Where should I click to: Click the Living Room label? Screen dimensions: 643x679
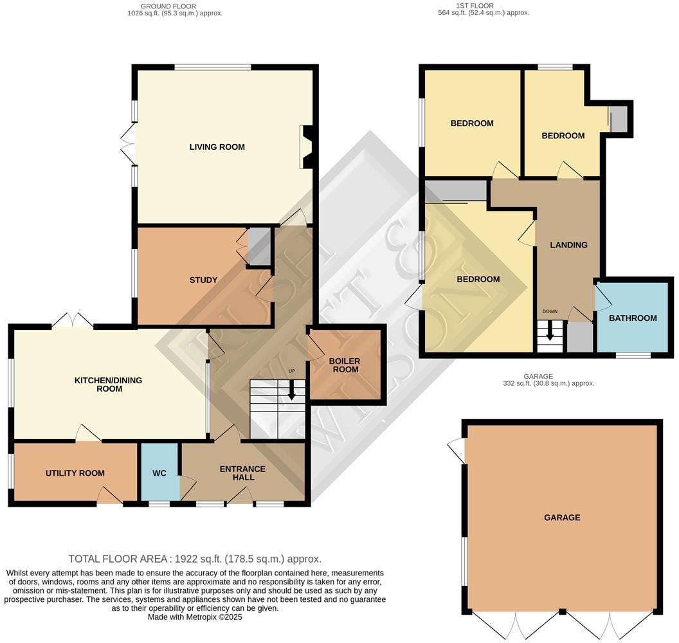[217, 147]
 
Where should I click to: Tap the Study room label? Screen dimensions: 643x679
[203, 280]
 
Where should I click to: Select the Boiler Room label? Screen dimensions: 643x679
[345, 365]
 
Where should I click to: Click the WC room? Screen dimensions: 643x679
[159, 473]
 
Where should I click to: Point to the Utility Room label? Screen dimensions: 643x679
[75, 473]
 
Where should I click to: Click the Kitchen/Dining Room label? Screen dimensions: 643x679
[108, 385]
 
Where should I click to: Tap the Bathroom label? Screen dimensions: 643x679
[633, 318]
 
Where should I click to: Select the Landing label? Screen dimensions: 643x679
[568, 245]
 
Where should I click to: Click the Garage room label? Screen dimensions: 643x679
[562, 518]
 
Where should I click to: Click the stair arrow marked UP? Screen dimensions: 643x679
[292, 390]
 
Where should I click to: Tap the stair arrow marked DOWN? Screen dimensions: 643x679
[550, 331]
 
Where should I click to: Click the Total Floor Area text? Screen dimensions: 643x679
[195, 559]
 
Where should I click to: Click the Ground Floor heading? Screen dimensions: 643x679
[175, 9]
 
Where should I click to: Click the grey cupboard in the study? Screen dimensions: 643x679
[259, 246]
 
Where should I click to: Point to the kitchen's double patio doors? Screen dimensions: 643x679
[72, 320]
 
